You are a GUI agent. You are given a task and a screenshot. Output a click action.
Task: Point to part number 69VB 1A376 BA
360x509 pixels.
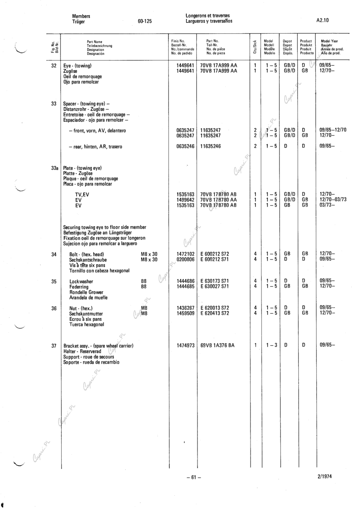[x=218, y=345]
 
